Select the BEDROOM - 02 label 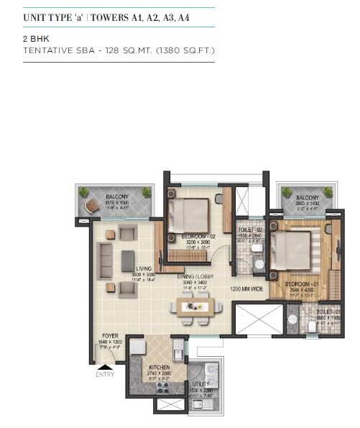click(x=198, y=236)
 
